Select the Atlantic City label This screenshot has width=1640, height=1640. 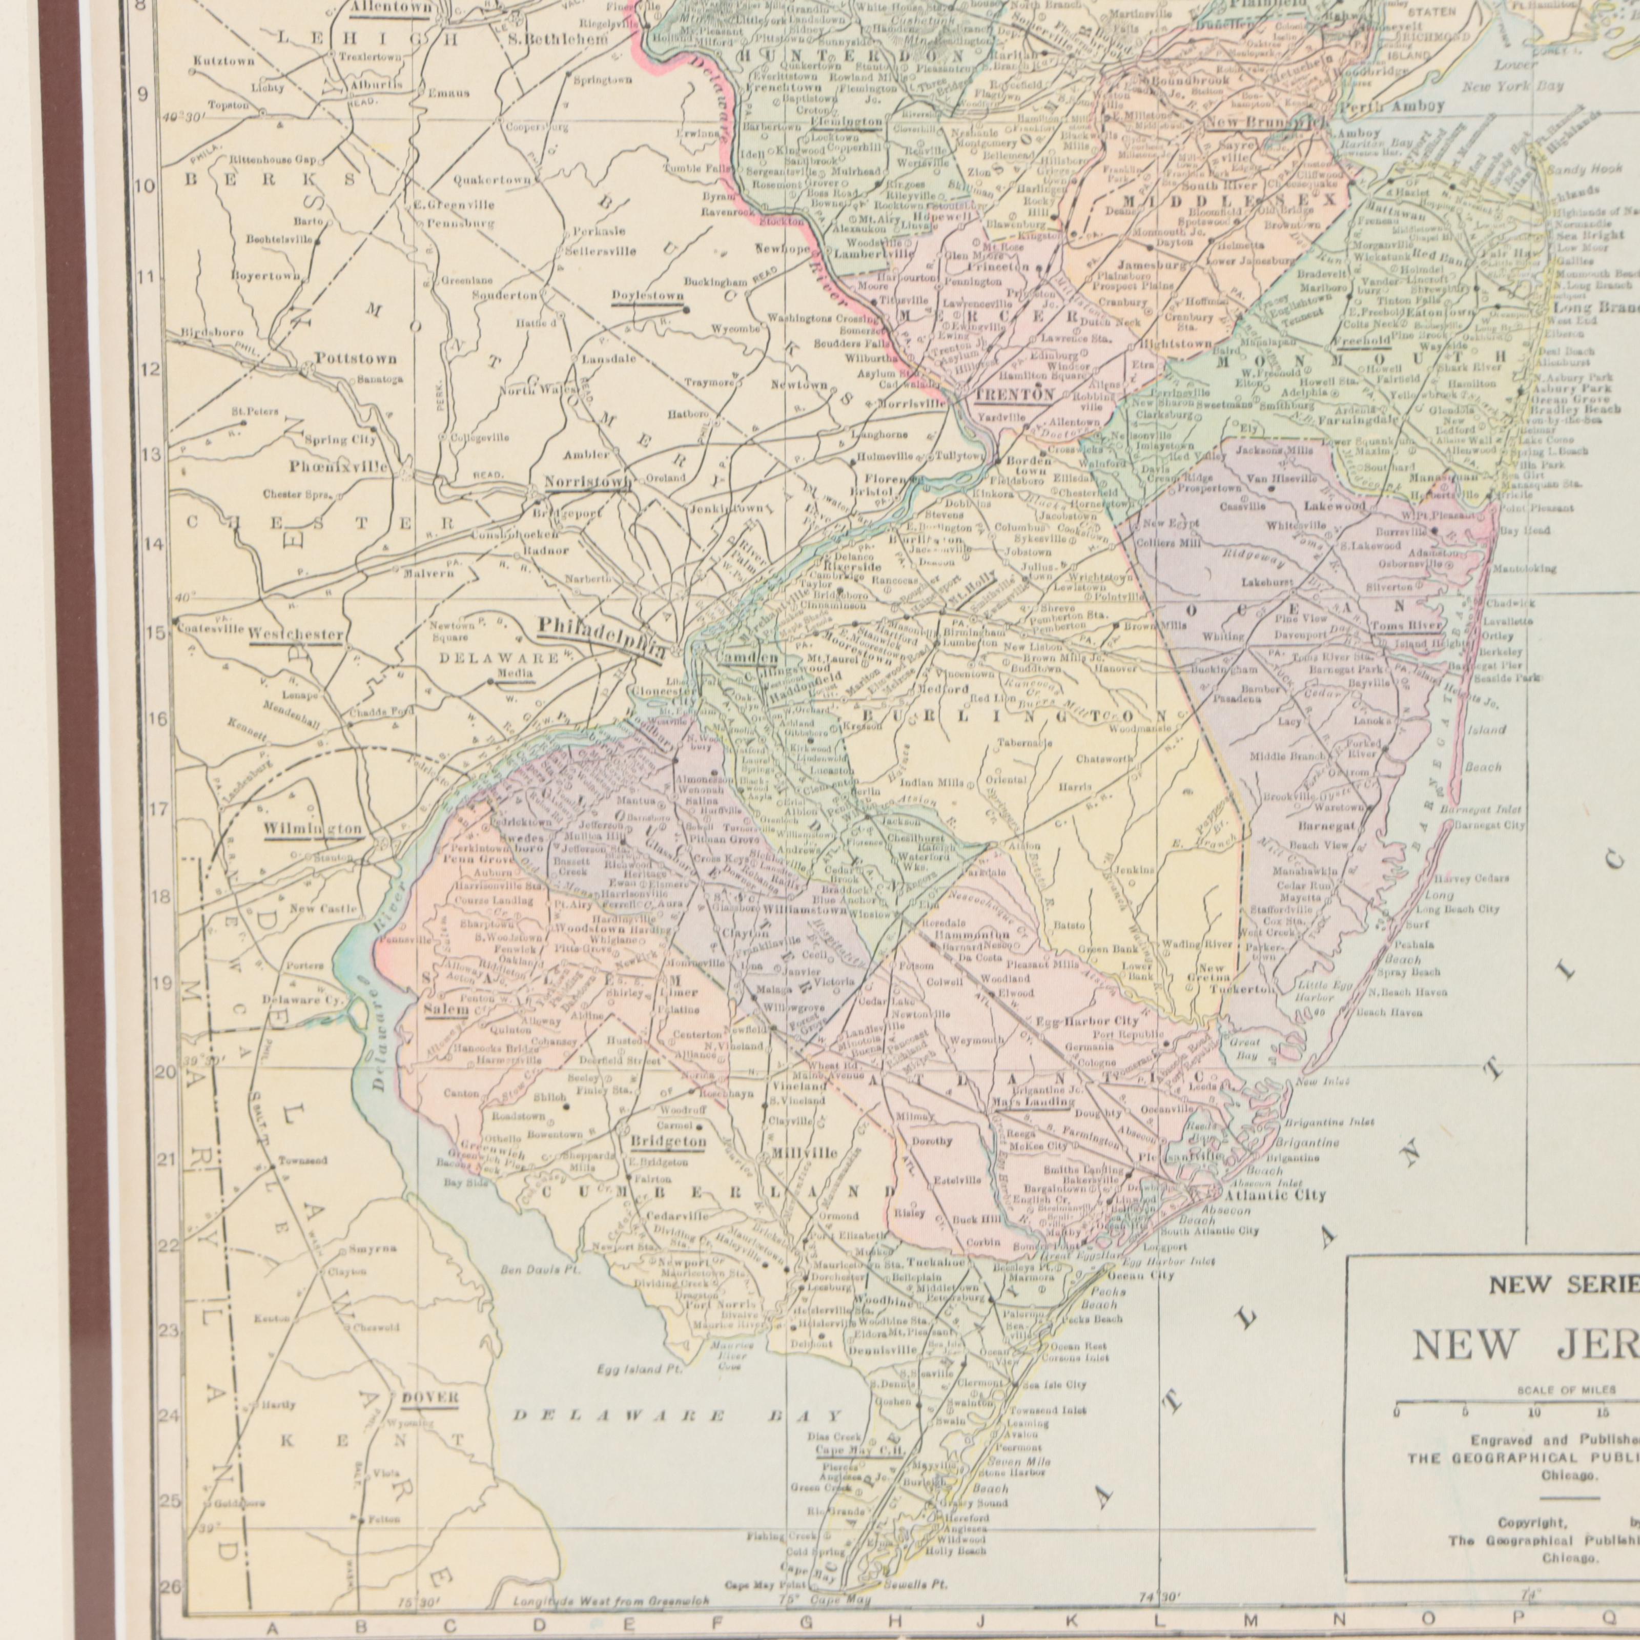pyautogui.click(x=1273, y=1195)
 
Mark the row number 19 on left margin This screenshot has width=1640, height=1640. pyautogui.click(x=162, y=985)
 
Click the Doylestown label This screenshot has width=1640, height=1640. pyautogui.click(x=648, y=295)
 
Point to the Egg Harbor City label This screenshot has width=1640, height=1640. pyautogui.click(x=1088, y=1021)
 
